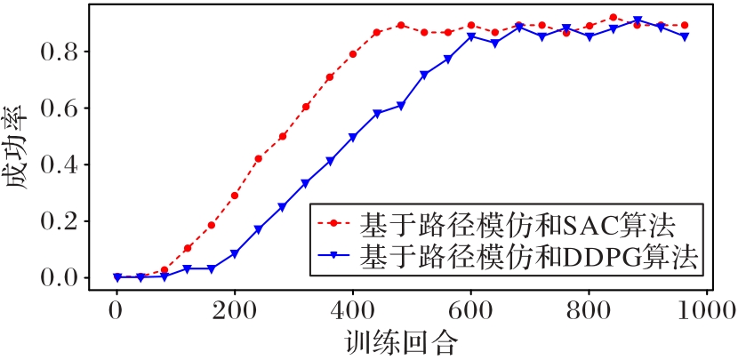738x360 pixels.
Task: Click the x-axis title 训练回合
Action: point(399,341)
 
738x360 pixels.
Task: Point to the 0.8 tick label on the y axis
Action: point(62,52)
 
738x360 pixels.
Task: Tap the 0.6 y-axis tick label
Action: point(62,108)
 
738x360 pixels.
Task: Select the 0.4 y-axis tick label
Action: point(62,165)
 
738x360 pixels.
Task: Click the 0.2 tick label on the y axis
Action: point(62,221)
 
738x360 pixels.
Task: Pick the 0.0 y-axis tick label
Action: point(62,278)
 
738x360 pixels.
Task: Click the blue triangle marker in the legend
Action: point(332,257)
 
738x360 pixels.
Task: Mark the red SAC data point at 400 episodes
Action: point(353,54)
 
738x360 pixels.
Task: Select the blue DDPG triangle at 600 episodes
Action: point(471,36)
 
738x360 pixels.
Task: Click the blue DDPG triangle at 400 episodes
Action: point(353,138)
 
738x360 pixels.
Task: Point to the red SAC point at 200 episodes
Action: point(235,196)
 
